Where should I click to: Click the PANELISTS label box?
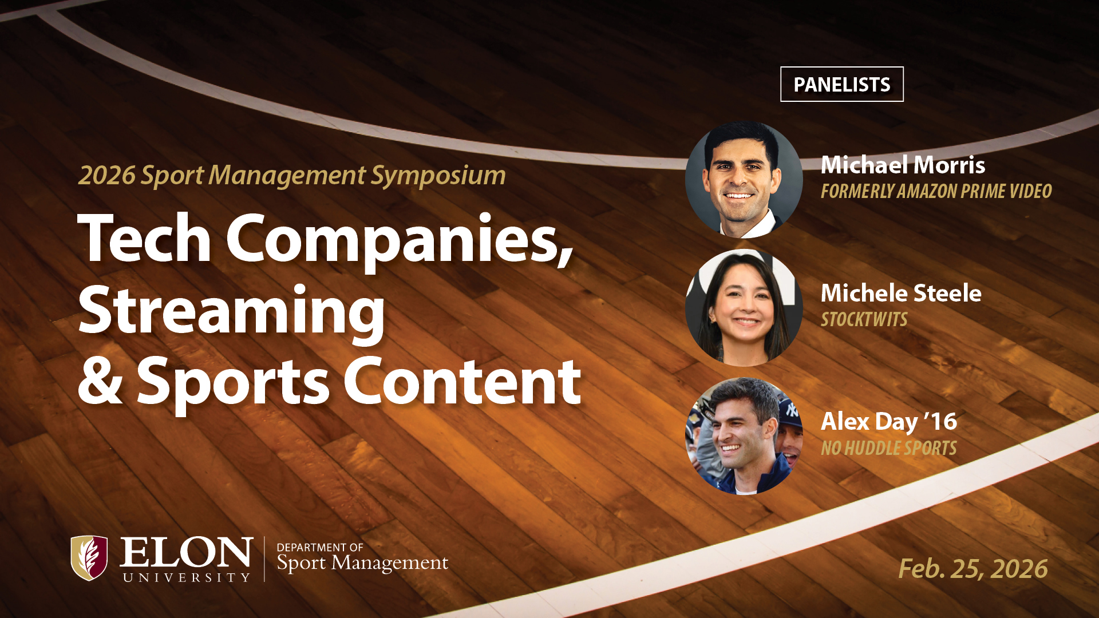click(841, 84)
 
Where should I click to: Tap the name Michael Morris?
click(903, 165)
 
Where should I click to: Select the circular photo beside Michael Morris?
click(744, 179)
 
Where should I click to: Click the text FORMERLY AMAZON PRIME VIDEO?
click(936, 191)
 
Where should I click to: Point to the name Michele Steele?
click(901, 293)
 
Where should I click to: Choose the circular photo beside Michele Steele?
click(744, 308)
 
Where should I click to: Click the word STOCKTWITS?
click(864, 319)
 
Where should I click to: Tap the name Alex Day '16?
click(889, 422)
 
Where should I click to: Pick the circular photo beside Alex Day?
click(744, 436)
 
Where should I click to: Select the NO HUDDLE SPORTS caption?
click(888, 448)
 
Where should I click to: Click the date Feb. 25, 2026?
click(973, 569)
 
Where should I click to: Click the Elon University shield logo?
click(89, 558)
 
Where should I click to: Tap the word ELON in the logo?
click(186, 552)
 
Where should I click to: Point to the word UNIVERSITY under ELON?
click(187, 578)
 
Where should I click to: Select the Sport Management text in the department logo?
click(362, 563)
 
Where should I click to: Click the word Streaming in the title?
click(231, 311)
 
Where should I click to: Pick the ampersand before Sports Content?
click(100, 379)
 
